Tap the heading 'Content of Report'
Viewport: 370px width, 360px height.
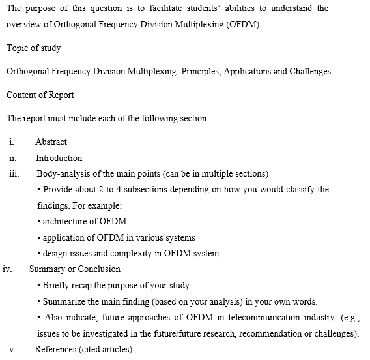[40, 95]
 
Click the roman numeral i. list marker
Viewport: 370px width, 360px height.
[12, 142]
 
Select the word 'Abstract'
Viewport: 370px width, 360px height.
[51, 142]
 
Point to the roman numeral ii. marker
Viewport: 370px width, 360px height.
[13, 158]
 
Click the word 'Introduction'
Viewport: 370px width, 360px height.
[59, 158]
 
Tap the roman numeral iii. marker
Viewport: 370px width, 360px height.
[14, 174]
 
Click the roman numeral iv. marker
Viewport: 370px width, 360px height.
[8, 269]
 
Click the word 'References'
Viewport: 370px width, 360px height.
[55, 349]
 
